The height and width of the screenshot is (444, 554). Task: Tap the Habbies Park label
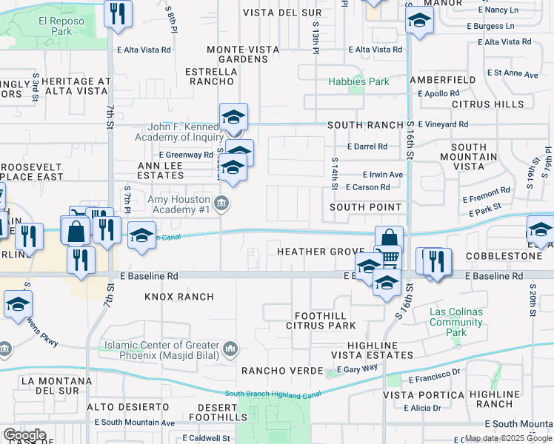pos(359,81)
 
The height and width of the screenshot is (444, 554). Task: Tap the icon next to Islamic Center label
pos(230,348)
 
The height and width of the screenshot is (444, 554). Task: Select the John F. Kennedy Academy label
pos(178,132)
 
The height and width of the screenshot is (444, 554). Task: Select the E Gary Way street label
pos(357,369)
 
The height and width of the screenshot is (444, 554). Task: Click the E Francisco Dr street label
pos(434,378)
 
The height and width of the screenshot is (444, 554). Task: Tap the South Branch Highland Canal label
pos(273,394)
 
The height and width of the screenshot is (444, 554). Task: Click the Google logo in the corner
pos(24,435)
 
